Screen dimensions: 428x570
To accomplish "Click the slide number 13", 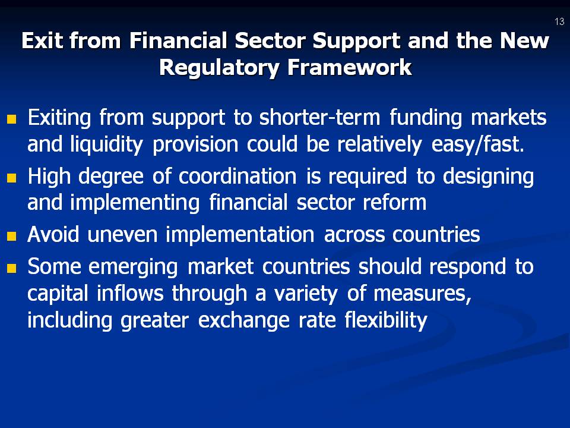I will click(x=559, y=22).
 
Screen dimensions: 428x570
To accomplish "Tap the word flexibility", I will click(x=385, y=321).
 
